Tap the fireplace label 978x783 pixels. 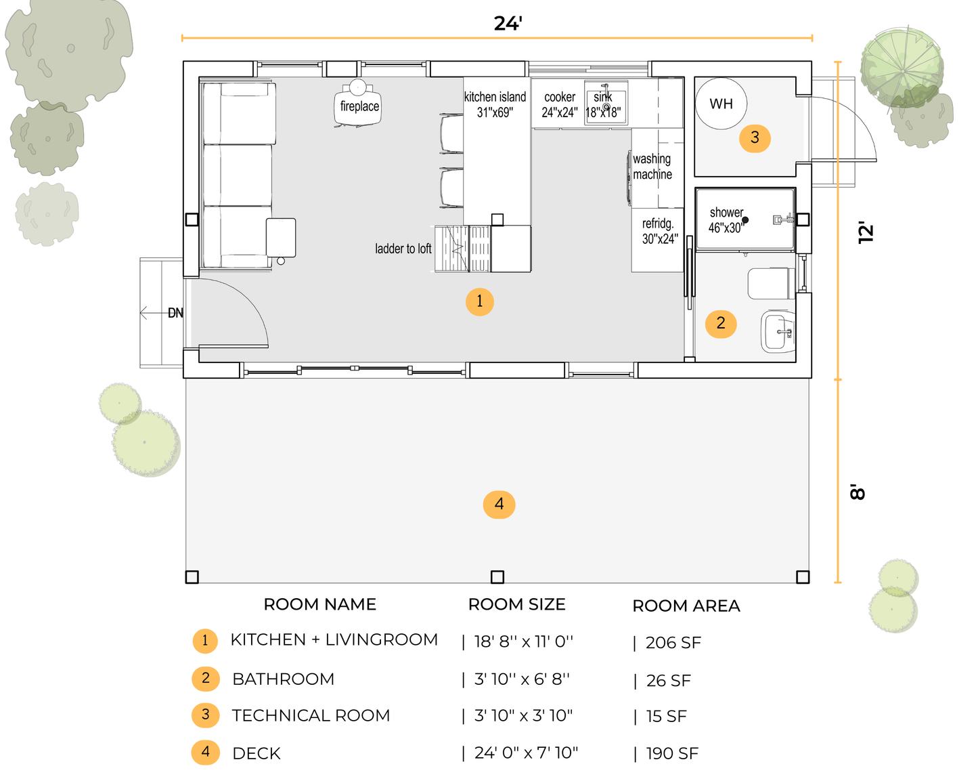click(x=359, y=106)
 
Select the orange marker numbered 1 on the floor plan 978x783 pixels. click(x=479, y=301)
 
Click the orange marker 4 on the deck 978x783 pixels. click(x=499, y=504)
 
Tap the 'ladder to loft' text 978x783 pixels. click(x=403, y=249)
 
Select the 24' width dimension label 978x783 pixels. click(x=508, y=23)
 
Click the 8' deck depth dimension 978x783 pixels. click(x=858, y=492)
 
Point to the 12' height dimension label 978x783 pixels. click(x=866, y=233)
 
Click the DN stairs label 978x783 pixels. click(x=175, y=313)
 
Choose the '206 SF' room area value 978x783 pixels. click(x=673, y=643)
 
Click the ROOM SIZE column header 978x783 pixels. click(x=516, y=605)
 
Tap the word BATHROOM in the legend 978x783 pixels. click(x=283, y=679)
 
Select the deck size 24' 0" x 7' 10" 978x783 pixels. click(x=527, y=753)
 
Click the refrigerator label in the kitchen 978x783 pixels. click(x=660, y=231)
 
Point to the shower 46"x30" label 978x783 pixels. click(x=727, y=220)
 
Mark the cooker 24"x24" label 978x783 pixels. click(x=560, y=104)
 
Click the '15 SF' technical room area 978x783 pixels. click(x=667, y=717)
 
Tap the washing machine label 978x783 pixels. click(x=652, y=167)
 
